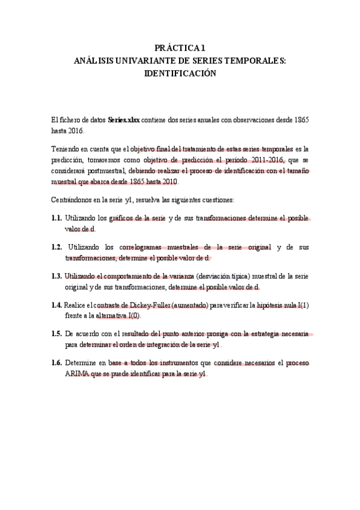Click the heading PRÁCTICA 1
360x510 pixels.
pos(180,48)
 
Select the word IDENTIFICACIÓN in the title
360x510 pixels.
pos(180,73)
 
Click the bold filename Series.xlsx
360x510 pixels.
pos(124,120)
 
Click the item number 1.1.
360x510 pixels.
pos(57,218)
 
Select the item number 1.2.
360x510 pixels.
pos(57,247)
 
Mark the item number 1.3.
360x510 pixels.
pos(57,275)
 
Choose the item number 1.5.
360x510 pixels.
pos(57,334)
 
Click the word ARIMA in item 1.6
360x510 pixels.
pos(76,373)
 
